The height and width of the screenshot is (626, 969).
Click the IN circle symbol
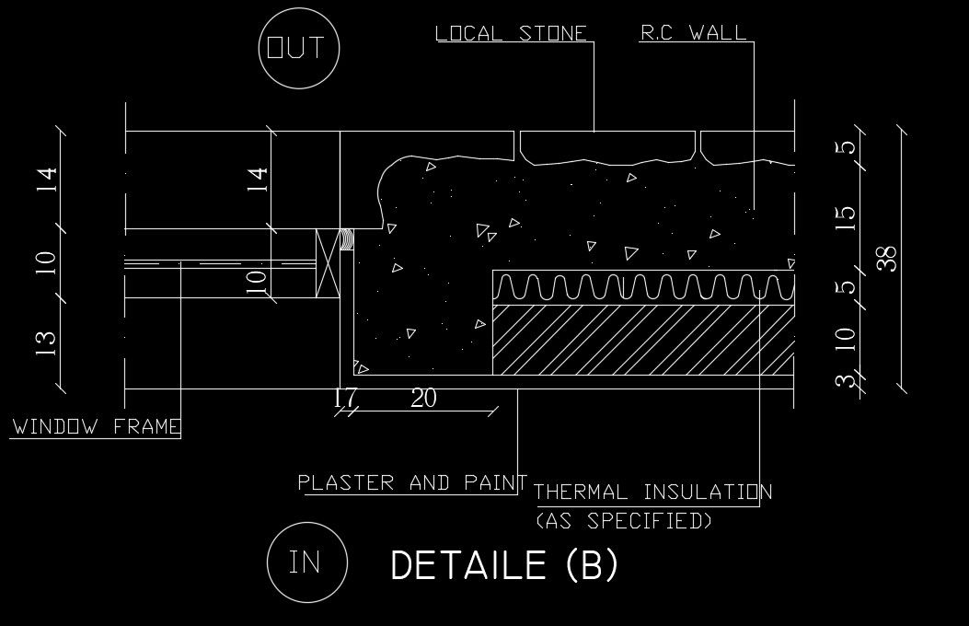coord(306,562)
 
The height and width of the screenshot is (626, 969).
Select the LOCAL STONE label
coord(511,34)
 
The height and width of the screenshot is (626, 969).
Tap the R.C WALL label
coord(693,34)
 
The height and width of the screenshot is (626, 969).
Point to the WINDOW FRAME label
coord(97,427)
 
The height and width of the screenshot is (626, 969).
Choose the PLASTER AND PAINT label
coord(411,482)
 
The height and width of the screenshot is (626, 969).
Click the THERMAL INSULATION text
coord(652,493)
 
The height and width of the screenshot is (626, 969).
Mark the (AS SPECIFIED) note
coord(624,521)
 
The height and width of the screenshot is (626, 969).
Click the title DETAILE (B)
coord(504,565)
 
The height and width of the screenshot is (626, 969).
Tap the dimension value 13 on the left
coord(47,341)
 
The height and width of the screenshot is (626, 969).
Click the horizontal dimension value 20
coord(423,399)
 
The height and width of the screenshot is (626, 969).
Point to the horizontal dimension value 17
coord(346,399)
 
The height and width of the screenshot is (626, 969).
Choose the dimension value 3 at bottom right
coord(847,380)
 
